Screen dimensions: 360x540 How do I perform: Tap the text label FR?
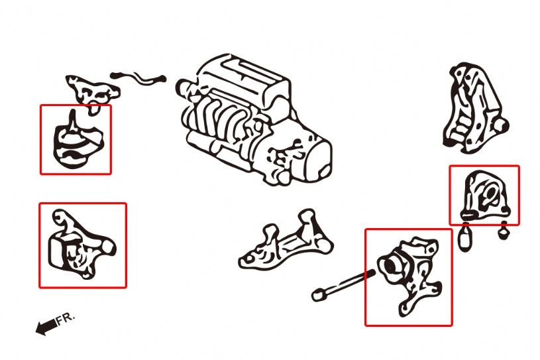66,319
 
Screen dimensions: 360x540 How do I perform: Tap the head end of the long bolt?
319,292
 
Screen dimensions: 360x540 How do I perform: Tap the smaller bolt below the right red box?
504,231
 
